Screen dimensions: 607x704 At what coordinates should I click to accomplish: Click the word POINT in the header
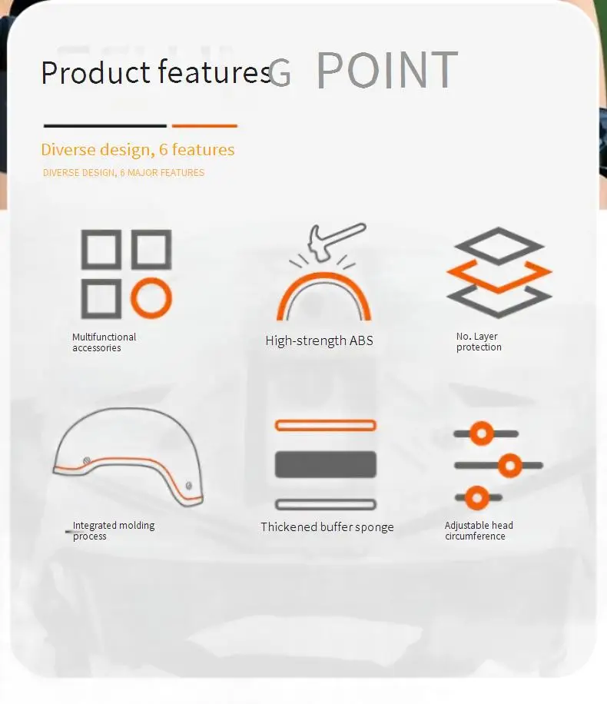387,70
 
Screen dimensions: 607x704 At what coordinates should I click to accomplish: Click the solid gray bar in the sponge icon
326,464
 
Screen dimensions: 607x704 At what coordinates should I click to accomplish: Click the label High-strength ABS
319,340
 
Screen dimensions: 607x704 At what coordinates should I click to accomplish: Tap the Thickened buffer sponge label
327,526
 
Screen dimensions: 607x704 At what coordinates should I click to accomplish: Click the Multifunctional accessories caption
104,342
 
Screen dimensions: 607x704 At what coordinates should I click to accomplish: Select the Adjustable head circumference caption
479,530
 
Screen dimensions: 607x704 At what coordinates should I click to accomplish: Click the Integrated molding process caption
114,530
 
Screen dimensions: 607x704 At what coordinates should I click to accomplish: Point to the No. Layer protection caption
479,341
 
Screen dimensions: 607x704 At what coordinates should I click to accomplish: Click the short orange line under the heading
204,126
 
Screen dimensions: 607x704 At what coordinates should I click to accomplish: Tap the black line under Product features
105,126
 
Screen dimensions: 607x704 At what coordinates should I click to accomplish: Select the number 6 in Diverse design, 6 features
164,150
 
